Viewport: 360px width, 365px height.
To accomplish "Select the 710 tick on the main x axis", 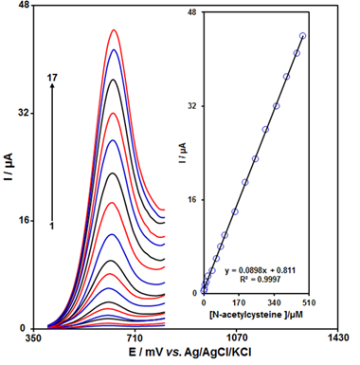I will click(134, 337).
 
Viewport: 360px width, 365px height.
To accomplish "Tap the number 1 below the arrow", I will click(52, 226).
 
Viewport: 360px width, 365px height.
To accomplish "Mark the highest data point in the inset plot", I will click(302, 36).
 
